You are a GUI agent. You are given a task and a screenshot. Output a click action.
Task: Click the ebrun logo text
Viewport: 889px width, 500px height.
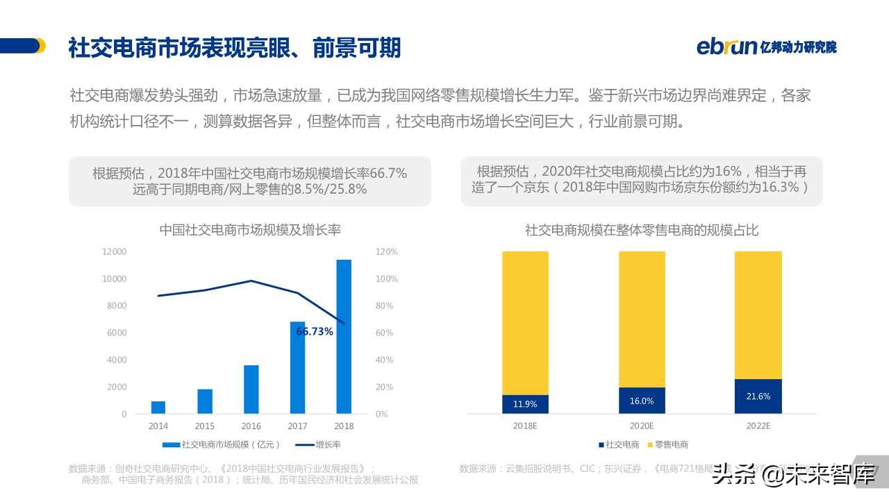(x=726, y=47)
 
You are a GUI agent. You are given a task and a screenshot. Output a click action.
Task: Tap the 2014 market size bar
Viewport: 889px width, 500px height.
(x=158, y=407)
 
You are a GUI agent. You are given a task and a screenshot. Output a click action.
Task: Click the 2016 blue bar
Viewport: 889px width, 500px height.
(x=251, y=389)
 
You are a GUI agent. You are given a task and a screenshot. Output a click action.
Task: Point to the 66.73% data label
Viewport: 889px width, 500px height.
(x=315, y=332)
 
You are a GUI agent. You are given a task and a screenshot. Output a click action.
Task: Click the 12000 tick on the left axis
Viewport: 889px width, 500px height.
(x=115, y=251)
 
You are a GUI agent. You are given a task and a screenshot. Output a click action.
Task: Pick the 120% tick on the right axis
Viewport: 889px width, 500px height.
(x=386, y=251)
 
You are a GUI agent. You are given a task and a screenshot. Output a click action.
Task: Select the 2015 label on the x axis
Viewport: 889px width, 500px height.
(x=205, y=426)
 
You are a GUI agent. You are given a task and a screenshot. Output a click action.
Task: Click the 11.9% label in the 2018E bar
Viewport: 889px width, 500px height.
(x=525, y=404)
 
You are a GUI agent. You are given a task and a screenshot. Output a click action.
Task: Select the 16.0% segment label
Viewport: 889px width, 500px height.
(x=642, y=401)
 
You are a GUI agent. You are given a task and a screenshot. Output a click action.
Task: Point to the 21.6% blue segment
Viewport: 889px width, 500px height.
(x=758, y=397)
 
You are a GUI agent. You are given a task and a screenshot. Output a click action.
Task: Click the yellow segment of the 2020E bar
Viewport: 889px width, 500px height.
(x=642, y=319)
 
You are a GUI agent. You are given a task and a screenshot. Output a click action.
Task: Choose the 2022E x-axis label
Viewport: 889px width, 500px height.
(x=758, y=426)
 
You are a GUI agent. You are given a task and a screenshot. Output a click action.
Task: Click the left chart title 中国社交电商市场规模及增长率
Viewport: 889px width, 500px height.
(x=250, y=229)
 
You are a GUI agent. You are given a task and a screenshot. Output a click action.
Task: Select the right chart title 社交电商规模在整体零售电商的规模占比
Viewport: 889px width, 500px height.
(x=642, y=229)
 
